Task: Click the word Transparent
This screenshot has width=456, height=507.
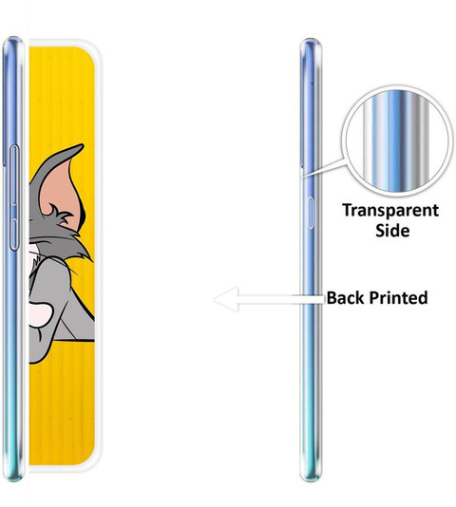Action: [390, 211]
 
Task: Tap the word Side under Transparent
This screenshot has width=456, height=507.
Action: [392, 230]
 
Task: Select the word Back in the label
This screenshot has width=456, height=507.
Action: [345, 297]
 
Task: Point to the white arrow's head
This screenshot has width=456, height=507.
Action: [226, 299]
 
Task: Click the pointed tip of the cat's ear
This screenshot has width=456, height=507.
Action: [83, 145]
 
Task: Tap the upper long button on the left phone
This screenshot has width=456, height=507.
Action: [14, 175]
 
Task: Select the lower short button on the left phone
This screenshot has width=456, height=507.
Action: [14, 235]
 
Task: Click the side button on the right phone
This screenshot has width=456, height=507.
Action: [310, 213]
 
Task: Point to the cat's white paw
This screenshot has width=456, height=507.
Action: [40, 314]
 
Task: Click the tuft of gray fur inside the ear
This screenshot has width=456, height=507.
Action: [61, 214]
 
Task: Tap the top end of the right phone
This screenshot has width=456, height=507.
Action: [311, 40]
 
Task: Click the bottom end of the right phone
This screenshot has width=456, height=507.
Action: [311, 479]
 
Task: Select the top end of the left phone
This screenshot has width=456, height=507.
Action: [13, 38]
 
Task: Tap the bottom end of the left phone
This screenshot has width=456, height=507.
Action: [13, 479]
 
